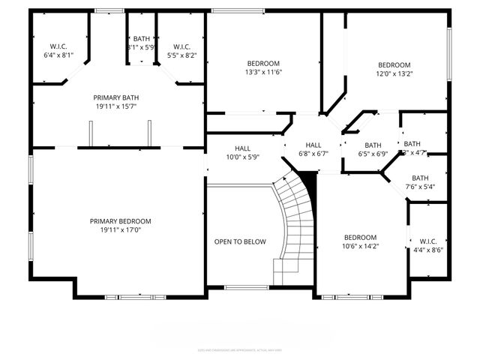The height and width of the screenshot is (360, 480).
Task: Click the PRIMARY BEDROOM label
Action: [121, 221]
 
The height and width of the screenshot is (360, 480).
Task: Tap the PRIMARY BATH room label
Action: [115, 97]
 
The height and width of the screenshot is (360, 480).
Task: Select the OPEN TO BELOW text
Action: [240, 241]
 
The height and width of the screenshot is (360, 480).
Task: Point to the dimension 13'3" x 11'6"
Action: [263, 73]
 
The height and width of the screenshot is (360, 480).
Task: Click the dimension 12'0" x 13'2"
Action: [394, 73]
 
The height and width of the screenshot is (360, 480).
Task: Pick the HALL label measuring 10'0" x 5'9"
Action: [242, 148]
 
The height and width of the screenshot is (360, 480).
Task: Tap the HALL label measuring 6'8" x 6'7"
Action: [313, 145]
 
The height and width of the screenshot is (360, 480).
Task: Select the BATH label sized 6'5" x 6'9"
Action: [373, 145]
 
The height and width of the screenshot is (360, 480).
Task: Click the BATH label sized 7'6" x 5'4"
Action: [420, 178]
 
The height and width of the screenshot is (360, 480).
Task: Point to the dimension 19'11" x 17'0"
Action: [121, 231]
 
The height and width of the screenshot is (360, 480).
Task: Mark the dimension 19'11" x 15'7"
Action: [115, 106]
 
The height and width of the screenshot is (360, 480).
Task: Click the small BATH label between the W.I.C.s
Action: [141, 39]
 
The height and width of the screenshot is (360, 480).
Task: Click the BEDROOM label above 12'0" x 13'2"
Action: [394, 64]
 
